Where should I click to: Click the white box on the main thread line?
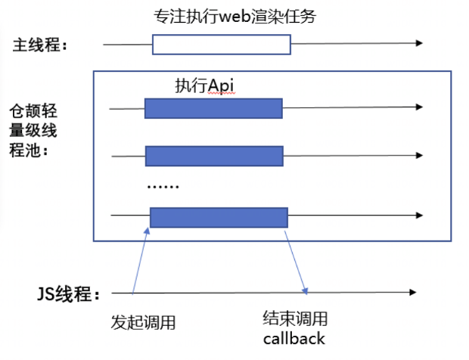point(221,45)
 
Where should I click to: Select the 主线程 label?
point(40,45)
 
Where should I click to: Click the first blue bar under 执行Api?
point(213,108)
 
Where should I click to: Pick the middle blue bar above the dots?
point(213,156)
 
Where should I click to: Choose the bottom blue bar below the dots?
point(218,217)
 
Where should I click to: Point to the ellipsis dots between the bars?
point(163,185)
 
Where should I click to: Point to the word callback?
point(294,338)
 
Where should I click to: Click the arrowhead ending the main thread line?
point(418,44)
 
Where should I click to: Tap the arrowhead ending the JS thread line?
point(412,292)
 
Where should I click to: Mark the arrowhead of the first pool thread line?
point(419,108)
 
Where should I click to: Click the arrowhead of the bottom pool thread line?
point(419,216)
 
